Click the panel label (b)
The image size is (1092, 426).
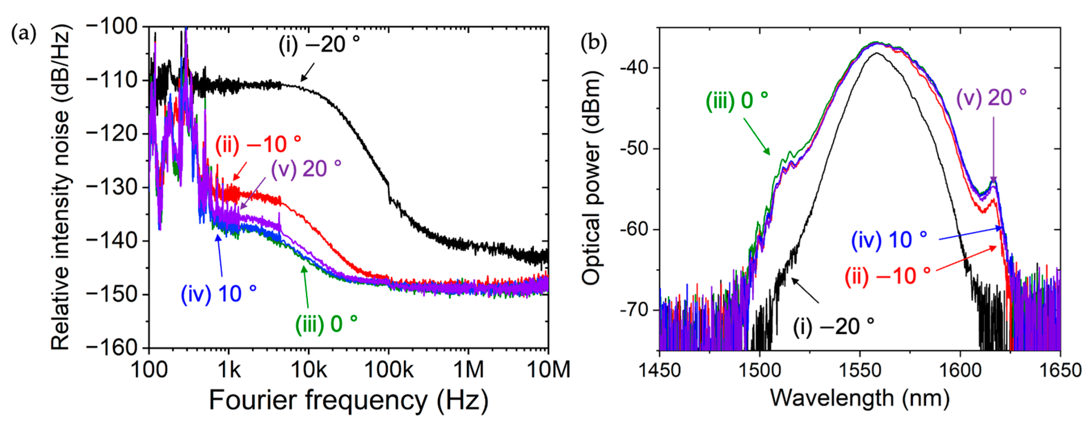pos(593,42)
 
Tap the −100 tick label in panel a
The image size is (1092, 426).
pos(112,27)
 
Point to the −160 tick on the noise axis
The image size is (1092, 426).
pos(112,348)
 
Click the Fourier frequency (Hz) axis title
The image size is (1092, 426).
pos(348,400)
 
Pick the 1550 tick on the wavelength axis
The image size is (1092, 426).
pos(860,370)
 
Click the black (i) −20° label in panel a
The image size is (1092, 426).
pos(319,45)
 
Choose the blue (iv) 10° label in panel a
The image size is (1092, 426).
pos(218,294)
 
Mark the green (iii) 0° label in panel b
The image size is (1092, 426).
pos(737,101)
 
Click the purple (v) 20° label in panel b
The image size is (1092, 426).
pos(991,97)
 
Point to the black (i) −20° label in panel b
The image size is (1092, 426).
pos(833,327)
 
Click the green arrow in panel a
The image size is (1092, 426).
pos(306,286)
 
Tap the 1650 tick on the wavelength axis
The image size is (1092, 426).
pos(1060,370)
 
